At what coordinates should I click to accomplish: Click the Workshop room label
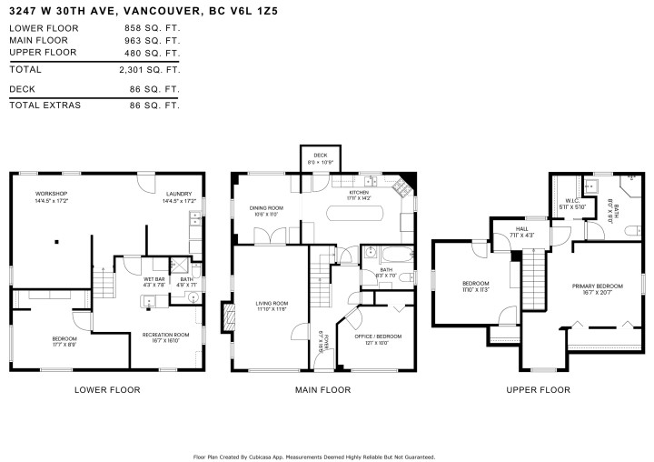52,195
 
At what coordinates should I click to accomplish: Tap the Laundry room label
178,195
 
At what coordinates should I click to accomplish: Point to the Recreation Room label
165,335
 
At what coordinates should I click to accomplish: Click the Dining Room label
266,208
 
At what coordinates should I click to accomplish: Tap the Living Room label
270,303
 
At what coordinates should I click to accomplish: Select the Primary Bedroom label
595,286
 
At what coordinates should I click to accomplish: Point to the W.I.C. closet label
574,202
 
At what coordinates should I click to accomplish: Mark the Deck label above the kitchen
320,156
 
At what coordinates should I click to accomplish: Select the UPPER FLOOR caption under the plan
539,389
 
